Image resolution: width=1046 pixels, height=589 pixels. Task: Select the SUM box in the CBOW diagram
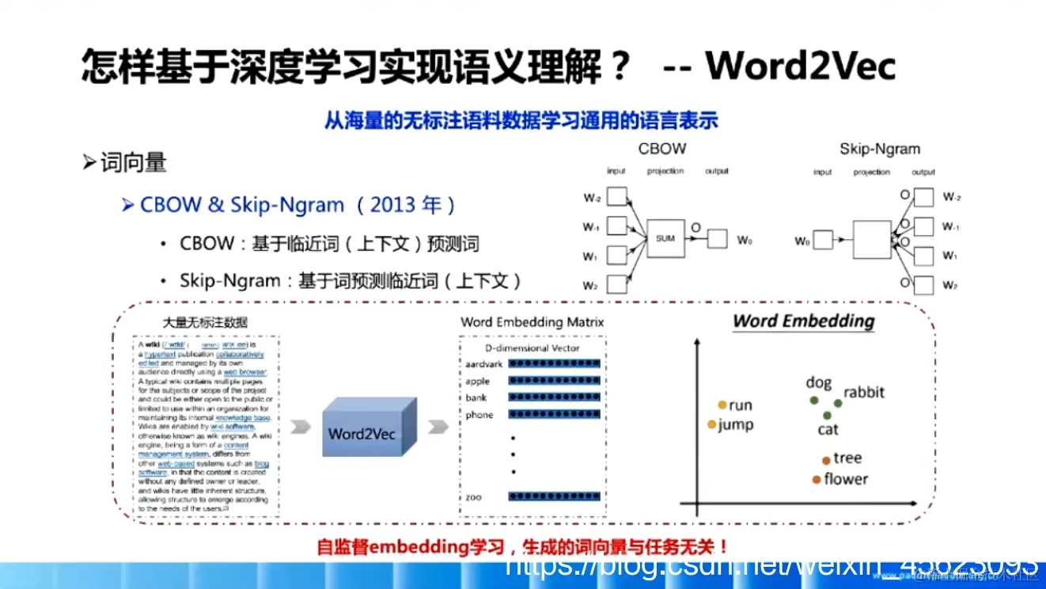(x=665, y=238)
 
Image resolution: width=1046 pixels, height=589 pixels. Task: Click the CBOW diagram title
(x=662, y=149)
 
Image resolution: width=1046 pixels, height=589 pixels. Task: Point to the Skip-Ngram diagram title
(x=880, y=149)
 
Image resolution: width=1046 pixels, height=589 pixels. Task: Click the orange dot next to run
(x=722, y=405)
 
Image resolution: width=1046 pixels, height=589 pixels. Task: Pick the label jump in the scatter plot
(x=735, y=424)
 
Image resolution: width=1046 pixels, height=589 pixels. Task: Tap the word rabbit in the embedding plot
(x=863, y=393)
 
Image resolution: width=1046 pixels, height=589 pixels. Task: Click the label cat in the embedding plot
(x=828, y=430)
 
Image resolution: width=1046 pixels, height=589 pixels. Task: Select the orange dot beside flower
(x=816, y=479)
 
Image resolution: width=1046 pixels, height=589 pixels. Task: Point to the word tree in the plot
(x=847, y=458)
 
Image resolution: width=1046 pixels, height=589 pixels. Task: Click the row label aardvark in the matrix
(x=484, y=363)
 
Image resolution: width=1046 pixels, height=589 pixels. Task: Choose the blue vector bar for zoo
(x=554, y=496)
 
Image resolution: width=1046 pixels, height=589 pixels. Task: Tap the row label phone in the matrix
(x=479, y=415)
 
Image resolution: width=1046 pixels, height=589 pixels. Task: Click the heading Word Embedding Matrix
(x=532, y=322)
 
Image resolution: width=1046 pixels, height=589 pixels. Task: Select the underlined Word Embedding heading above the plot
(x=803, y=321)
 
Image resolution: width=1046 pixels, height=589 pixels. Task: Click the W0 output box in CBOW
(x=717, y=238)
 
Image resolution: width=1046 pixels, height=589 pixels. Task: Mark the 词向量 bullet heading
(x=133, y=162)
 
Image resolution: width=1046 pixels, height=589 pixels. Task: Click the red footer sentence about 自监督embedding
(x=522, y=546)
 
